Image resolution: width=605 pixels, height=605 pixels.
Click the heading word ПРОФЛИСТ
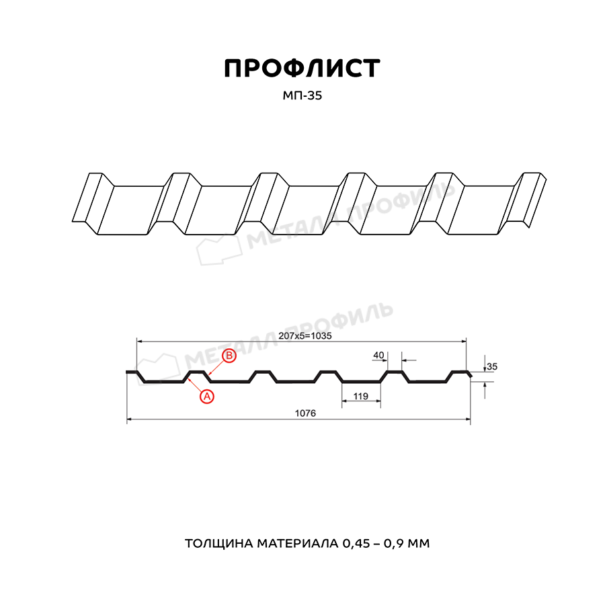(x=302, y=69)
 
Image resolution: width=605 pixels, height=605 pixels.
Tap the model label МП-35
(x=302, y=95)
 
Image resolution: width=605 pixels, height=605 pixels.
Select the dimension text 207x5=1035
(x=305, y=335)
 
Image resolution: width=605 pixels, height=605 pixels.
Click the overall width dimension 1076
(x=305, y=413)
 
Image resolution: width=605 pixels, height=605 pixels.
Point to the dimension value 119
(x=360, y=396)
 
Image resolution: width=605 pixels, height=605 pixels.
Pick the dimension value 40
(x=378, y=355)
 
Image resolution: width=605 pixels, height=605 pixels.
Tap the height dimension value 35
(x=492, y=366)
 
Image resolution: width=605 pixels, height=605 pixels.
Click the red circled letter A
(x=207, y=396)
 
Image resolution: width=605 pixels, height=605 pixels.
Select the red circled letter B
(x=229, y=356)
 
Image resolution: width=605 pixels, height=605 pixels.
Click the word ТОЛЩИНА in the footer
(x=218, y=543)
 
